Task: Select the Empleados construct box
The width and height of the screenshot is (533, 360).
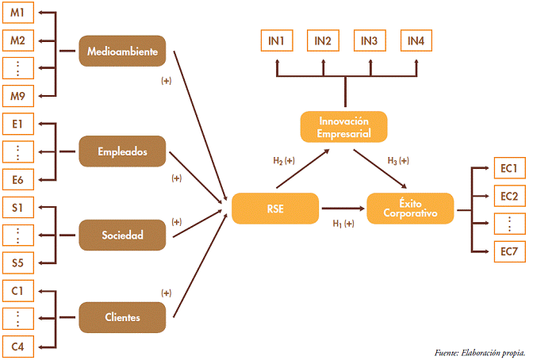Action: tap(122, 151)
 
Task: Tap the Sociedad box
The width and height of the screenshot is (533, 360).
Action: tap(122, 235)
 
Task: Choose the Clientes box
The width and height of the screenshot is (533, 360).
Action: tap(122, 317)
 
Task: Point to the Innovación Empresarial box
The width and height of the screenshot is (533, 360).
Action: tap(344, 127)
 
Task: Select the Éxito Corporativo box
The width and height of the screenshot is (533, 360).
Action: tap(411, 208)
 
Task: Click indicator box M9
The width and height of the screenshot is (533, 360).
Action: tap(17, 95)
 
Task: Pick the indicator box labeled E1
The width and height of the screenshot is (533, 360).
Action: tap(17, 124)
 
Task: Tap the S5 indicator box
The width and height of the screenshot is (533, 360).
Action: tap(17, 262)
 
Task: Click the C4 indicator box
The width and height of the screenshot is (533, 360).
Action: tap(17, 345)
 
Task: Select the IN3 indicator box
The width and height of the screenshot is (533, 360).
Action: tap(370, 41)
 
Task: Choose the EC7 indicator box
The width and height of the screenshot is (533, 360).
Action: tap(508, 251)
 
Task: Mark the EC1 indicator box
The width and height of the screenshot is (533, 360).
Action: tap(508, 169)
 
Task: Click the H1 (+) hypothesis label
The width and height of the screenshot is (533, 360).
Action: tap(343, 224)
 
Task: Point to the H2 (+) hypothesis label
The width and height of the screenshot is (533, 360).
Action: tap(283, 161)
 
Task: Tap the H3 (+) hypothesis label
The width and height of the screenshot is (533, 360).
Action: tap(398, 161)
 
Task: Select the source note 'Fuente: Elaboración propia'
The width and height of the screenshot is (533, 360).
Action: tap(480, 351)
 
